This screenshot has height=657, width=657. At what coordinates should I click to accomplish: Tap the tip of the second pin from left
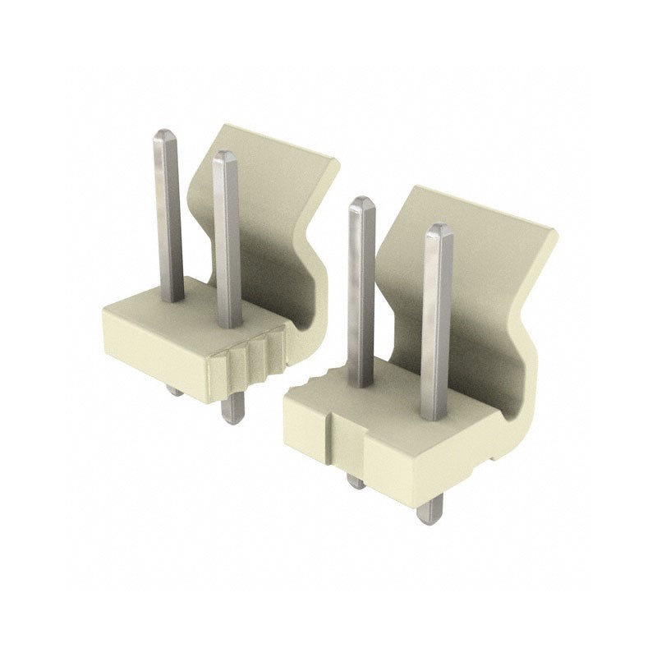pyautogui.click(x=223, y=155)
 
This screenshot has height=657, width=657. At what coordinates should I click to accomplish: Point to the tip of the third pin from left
pyautogui.click(x=361, y=202)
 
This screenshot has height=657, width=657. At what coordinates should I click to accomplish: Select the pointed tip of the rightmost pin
pyautogui.click(x=439, y=228)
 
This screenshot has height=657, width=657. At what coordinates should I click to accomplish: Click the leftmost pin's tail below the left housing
pyautogui.click(x=175, y=389)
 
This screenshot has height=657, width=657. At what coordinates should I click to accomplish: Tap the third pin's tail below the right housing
pyautogui.click(x=356, y=480)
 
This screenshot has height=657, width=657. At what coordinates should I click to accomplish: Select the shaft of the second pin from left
pyautogui.click(x=227, y=246)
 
